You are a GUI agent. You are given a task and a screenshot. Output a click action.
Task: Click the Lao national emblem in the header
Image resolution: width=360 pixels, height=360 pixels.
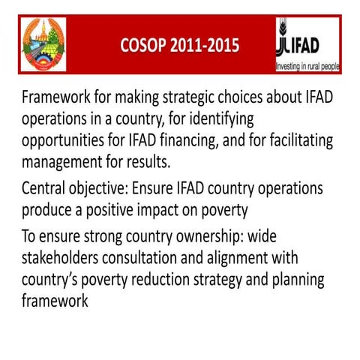coord(43,44)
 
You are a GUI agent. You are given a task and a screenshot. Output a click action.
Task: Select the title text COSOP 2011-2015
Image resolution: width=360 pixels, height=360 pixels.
coord(180,46)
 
